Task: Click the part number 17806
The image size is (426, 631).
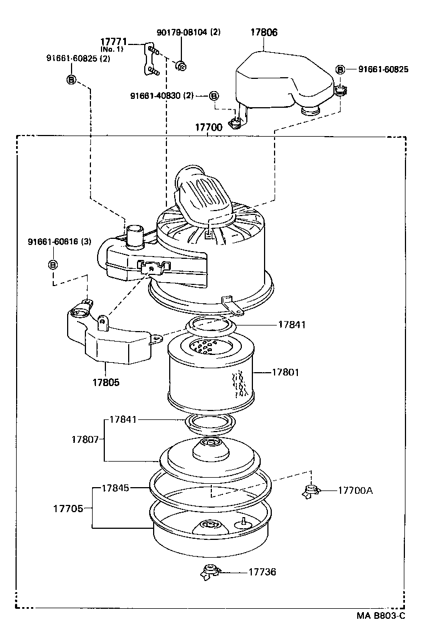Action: pyautogui.click(x=264, y=32)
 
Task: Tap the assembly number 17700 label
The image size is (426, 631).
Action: pyautogui.click(x=208, y=127)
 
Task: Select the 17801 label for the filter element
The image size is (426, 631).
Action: pyautogui.click(x=285, y=372)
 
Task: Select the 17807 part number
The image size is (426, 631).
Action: pyautogui.click(x=85, y=439)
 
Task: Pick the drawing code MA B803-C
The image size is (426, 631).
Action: pyautogui.click(x=381, y=615)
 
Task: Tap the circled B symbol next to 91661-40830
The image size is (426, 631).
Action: pyautogui.click(x=214, y=96)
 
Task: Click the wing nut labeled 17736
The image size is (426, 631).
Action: pyautogui.click(x=210, y=571)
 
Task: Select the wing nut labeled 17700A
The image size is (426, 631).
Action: pyautogui.click(x=311, y=490)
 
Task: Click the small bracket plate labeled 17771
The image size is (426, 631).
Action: pyautogui.click(x=149, y=59)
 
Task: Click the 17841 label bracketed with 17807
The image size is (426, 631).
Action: pyautogui.click(x=123, y=419)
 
